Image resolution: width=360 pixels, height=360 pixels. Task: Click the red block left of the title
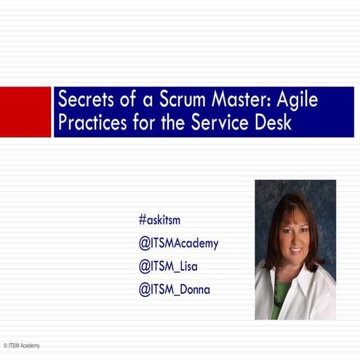pyautogui.click(x=25, y=111)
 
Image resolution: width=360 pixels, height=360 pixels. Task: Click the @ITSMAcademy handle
pyautogui.click(x=178, y=244)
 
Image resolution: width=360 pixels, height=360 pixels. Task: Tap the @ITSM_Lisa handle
pyautogui.click(x=168, y=266)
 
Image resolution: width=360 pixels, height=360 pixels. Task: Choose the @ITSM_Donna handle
pyautogui.click(x=175, y=289)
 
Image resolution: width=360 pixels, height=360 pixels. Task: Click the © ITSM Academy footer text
pyautogui.click(x=21, y=345)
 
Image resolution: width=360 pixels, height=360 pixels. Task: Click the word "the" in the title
pyautogui.click(x=174, y=121)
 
